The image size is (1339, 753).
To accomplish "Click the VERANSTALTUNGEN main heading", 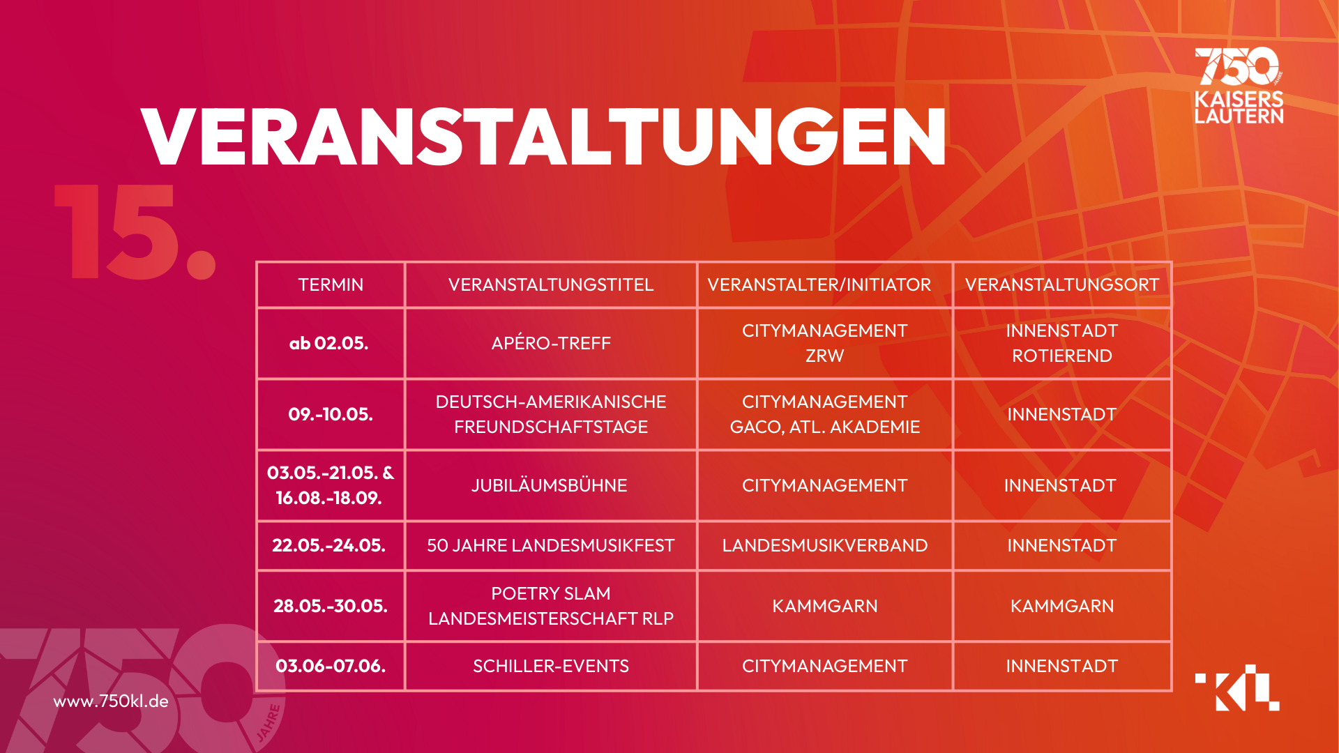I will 543,137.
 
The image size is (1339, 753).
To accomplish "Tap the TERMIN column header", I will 331,284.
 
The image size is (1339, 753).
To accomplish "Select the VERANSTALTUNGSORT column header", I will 1061,284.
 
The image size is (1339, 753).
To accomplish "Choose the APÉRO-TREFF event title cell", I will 551,343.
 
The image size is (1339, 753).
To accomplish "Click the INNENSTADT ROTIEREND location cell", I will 1061,343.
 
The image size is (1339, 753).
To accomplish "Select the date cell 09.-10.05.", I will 331,414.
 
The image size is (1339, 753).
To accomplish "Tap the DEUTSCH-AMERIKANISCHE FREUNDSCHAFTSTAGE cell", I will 551,414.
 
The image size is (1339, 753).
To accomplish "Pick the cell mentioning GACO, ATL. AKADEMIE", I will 824,414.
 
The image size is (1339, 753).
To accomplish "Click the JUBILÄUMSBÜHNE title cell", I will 550,485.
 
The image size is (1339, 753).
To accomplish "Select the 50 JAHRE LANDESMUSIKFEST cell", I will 551,545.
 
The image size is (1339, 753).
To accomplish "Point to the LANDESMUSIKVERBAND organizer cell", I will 824,545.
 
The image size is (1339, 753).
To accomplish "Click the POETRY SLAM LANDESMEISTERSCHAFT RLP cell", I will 551,606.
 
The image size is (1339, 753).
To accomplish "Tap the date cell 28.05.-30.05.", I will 331,606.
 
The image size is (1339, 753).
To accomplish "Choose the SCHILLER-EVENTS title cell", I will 551,666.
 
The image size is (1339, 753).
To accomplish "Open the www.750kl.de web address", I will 111,701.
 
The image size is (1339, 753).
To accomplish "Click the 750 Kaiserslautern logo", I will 1239,86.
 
